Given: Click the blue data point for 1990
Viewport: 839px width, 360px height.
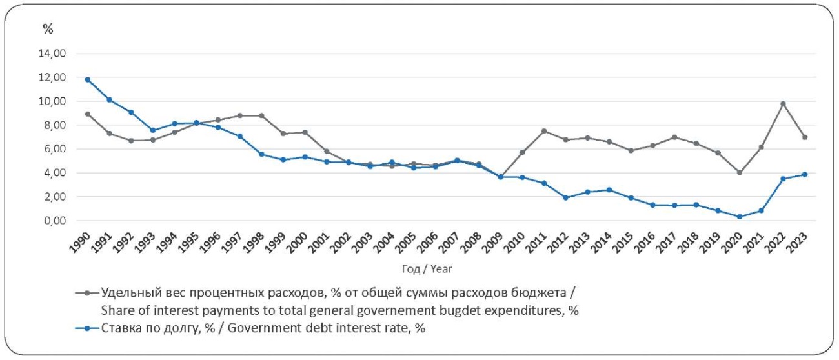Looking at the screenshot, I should click(x=87, y=79).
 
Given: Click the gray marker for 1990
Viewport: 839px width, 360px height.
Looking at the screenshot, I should click(x=87, y=114).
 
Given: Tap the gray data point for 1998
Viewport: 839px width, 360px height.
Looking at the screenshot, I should click(x=261, y=116).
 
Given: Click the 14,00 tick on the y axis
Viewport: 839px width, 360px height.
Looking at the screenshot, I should click(x=53, y=54).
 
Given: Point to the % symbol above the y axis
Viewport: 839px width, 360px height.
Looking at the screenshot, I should click(x=47, y=28).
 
